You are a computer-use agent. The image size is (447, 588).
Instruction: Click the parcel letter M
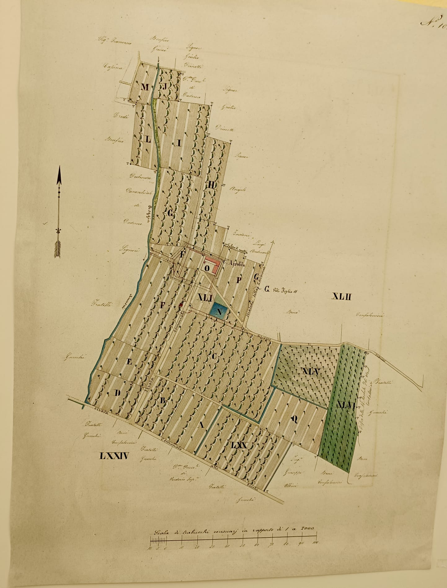point(145,87)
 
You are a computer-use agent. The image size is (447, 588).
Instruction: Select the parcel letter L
point(148,139)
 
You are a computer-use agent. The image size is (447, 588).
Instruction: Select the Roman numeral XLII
point(341,297)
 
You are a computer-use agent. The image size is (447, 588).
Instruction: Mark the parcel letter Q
point(295,419)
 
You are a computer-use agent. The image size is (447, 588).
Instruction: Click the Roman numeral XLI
point(205,298)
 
